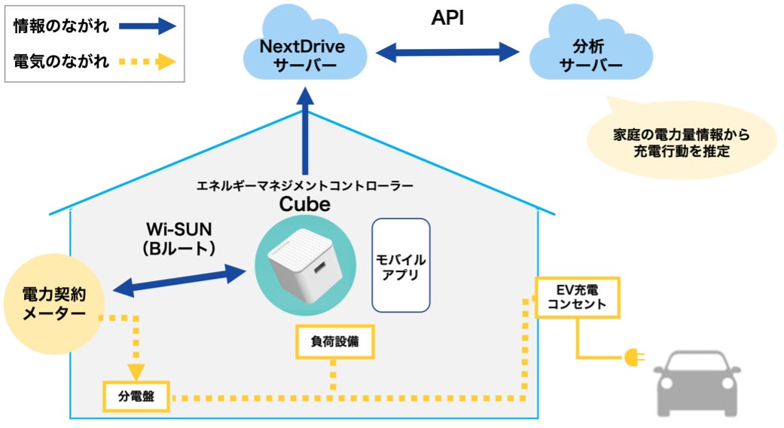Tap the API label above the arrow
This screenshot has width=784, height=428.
pos(447,18)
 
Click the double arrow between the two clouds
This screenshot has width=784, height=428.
pos(447,52)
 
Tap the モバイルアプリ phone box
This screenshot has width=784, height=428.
pos(401,265)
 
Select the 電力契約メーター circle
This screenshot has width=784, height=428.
pos(53,302)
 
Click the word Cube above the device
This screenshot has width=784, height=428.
pos(304,204)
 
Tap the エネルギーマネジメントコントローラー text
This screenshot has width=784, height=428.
pos(304,185)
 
